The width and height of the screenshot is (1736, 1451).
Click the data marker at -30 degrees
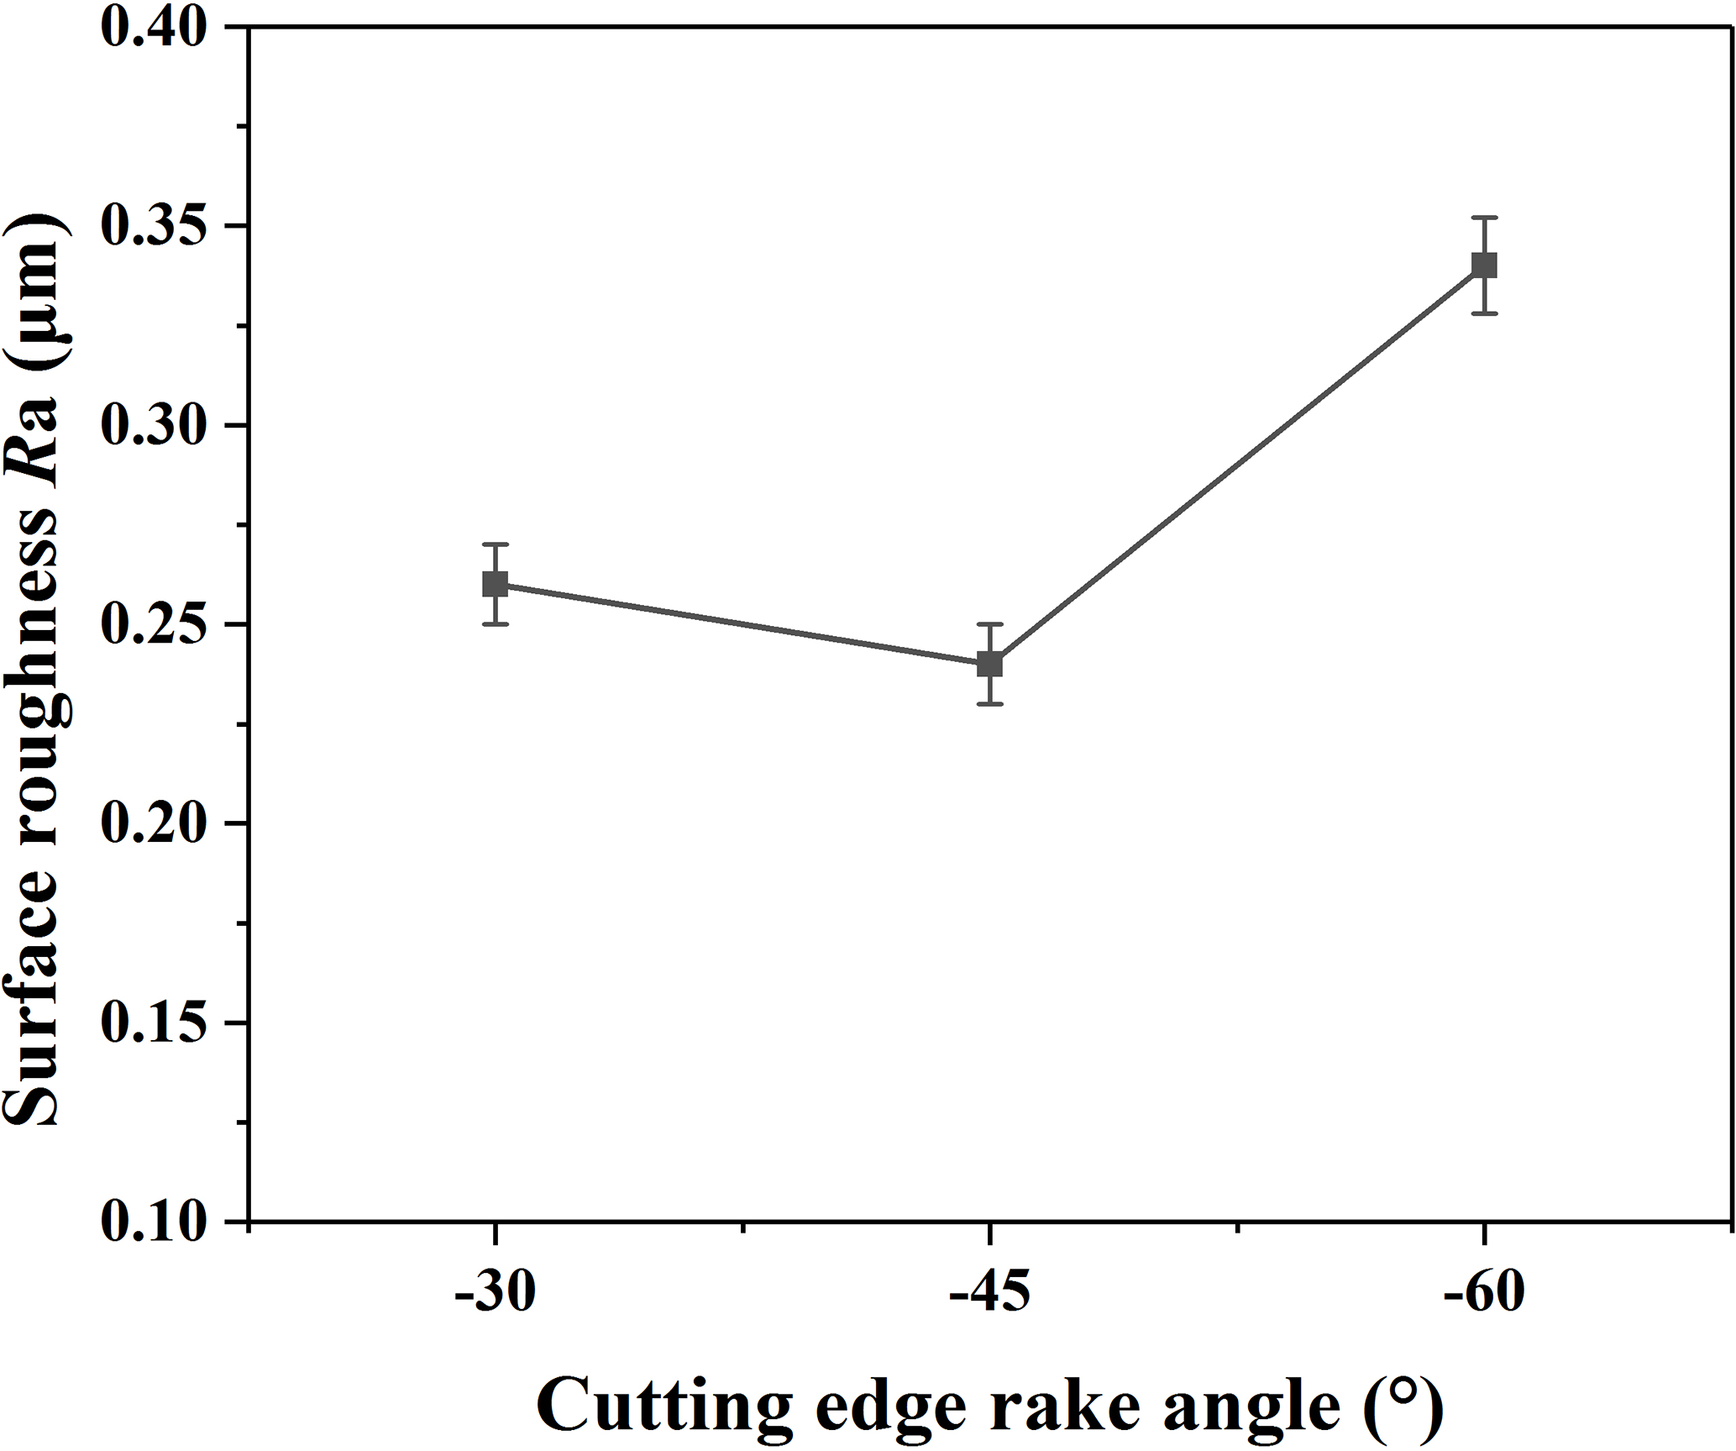point(496,584)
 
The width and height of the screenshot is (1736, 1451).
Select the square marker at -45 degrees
point(990,664)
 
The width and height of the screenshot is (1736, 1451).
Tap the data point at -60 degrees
point(1484,265)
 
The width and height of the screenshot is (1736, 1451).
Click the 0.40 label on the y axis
point(154,27)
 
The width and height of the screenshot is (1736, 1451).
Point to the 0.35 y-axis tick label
point(154,226)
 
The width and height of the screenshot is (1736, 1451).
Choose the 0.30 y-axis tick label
point(154,425)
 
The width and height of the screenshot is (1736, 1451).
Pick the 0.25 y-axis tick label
point(154,624)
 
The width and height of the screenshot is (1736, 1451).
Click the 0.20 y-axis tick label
point(154,823)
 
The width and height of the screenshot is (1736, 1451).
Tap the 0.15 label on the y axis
point(154,1023)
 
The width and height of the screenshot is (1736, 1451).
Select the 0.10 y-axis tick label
point(154,1222)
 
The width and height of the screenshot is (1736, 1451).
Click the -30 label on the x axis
point(495,1294)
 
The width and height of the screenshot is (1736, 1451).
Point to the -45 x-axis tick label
point(989,1294)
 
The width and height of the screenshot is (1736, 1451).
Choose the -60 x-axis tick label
point(1483,1294)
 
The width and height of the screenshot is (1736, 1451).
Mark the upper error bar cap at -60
point(1484,218)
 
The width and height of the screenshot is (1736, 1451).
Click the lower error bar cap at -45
point(990,703)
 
